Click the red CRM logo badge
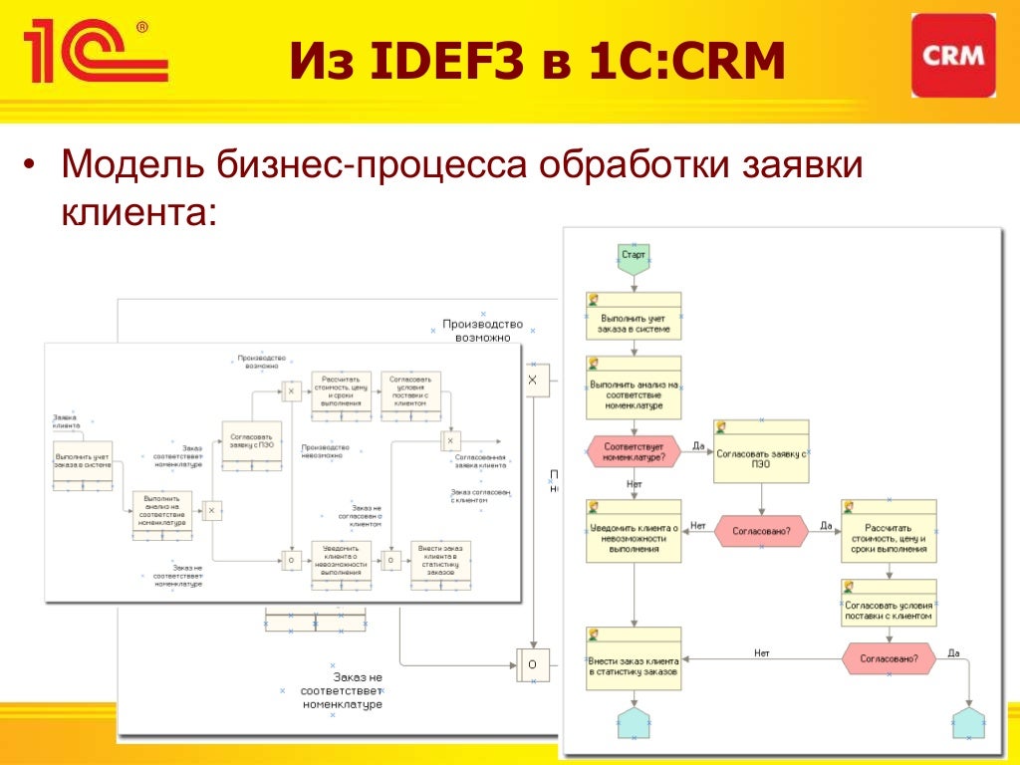point(953,56)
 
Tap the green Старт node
point(634,256)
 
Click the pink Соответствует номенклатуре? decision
point(634,451)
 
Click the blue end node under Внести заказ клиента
point(634,723)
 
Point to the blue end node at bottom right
point(968,723)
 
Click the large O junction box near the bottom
point(532,664)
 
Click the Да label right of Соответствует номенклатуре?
point(698,446)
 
